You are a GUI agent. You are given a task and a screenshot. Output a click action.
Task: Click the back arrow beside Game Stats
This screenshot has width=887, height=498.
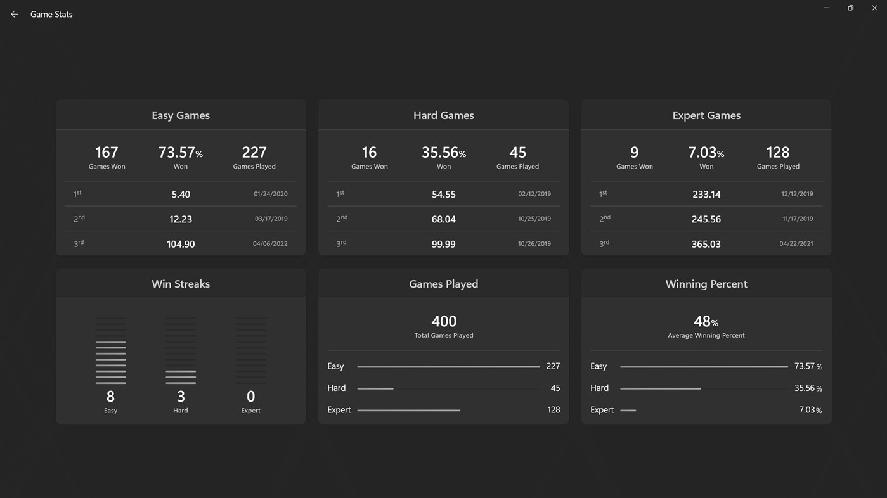click(15, 14)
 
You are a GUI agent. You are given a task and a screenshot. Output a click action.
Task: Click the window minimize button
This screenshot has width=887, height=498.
click(827, 8)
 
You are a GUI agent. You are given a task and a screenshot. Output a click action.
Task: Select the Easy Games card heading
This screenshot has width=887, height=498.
click(181, 115)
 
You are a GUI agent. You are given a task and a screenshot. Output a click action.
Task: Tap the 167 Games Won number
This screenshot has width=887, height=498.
click(107, 152)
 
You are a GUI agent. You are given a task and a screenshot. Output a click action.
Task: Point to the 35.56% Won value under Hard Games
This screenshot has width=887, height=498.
click(443, 152)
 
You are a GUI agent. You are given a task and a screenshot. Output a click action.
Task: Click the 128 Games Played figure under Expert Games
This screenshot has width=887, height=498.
click(777, 152)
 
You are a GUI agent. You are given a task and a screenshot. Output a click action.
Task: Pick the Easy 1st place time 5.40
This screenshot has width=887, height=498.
click(181, 195)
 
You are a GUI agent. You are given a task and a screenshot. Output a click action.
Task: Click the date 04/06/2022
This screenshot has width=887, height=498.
click(270, 244)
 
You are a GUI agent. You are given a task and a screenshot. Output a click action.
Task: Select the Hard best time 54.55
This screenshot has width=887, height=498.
click(443, 195)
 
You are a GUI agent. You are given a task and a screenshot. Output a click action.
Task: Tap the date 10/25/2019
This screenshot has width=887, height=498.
click(534, 219)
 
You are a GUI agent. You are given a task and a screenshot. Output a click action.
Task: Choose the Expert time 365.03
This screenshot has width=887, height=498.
click(706, 244)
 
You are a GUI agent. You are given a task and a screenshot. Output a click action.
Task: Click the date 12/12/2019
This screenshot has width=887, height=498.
click(797, 194)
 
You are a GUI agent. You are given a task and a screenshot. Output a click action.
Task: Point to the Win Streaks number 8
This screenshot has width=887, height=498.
click(110, 397)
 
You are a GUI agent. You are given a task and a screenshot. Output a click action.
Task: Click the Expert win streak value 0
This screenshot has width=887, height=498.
click(250, 397)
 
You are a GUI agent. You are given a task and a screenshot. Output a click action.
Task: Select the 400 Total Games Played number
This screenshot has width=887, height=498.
click(444, 321)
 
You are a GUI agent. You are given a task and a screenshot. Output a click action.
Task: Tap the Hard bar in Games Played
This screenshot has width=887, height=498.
click(375, 388)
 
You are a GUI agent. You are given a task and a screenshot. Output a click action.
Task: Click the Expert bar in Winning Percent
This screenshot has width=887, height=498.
click(628, 411)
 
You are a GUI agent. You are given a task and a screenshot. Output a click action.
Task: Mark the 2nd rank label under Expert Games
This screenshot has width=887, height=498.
click(604, 219)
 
